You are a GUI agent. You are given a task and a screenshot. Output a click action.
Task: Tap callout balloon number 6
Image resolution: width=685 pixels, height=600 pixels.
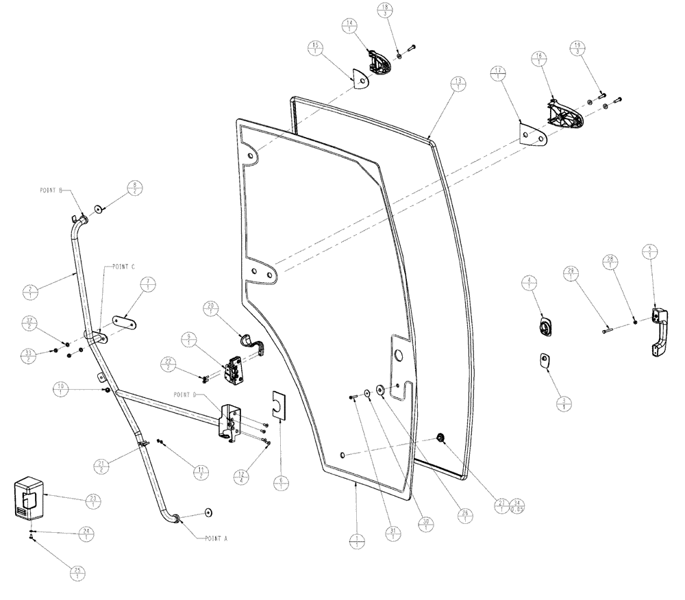[280, 483]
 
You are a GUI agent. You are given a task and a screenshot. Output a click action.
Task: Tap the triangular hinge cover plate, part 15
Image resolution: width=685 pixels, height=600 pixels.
[358, 82]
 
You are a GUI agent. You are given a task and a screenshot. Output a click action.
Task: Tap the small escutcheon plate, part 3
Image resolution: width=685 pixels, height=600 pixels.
[545, 360]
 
